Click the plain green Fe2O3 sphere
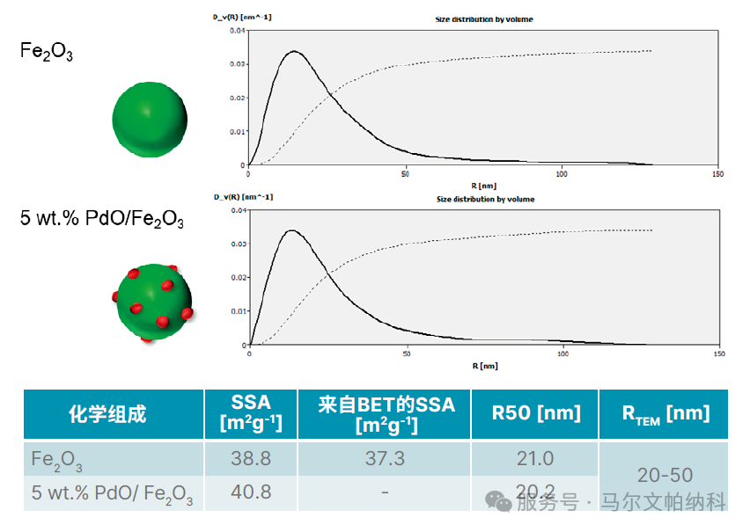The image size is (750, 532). point(150,119)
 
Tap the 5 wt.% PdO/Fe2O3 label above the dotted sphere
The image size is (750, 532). point(102,220)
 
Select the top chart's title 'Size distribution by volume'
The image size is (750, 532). point(484,18)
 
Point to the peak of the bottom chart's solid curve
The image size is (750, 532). point(291,230)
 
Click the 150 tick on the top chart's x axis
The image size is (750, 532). point(718,174)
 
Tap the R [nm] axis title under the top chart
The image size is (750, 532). point(484,186)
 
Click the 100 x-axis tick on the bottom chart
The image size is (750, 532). point(562,354)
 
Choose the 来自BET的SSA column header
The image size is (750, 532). point(386,413)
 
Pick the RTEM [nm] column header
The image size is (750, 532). point(665,413)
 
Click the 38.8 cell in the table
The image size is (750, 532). point(251,458)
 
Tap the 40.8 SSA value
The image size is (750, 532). point(251,492)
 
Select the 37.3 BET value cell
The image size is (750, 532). point(385,458)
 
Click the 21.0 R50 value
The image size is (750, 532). point(534,458)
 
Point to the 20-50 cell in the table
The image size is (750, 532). point(665,475)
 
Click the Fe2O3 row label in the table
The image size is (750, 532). point(57,459)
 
